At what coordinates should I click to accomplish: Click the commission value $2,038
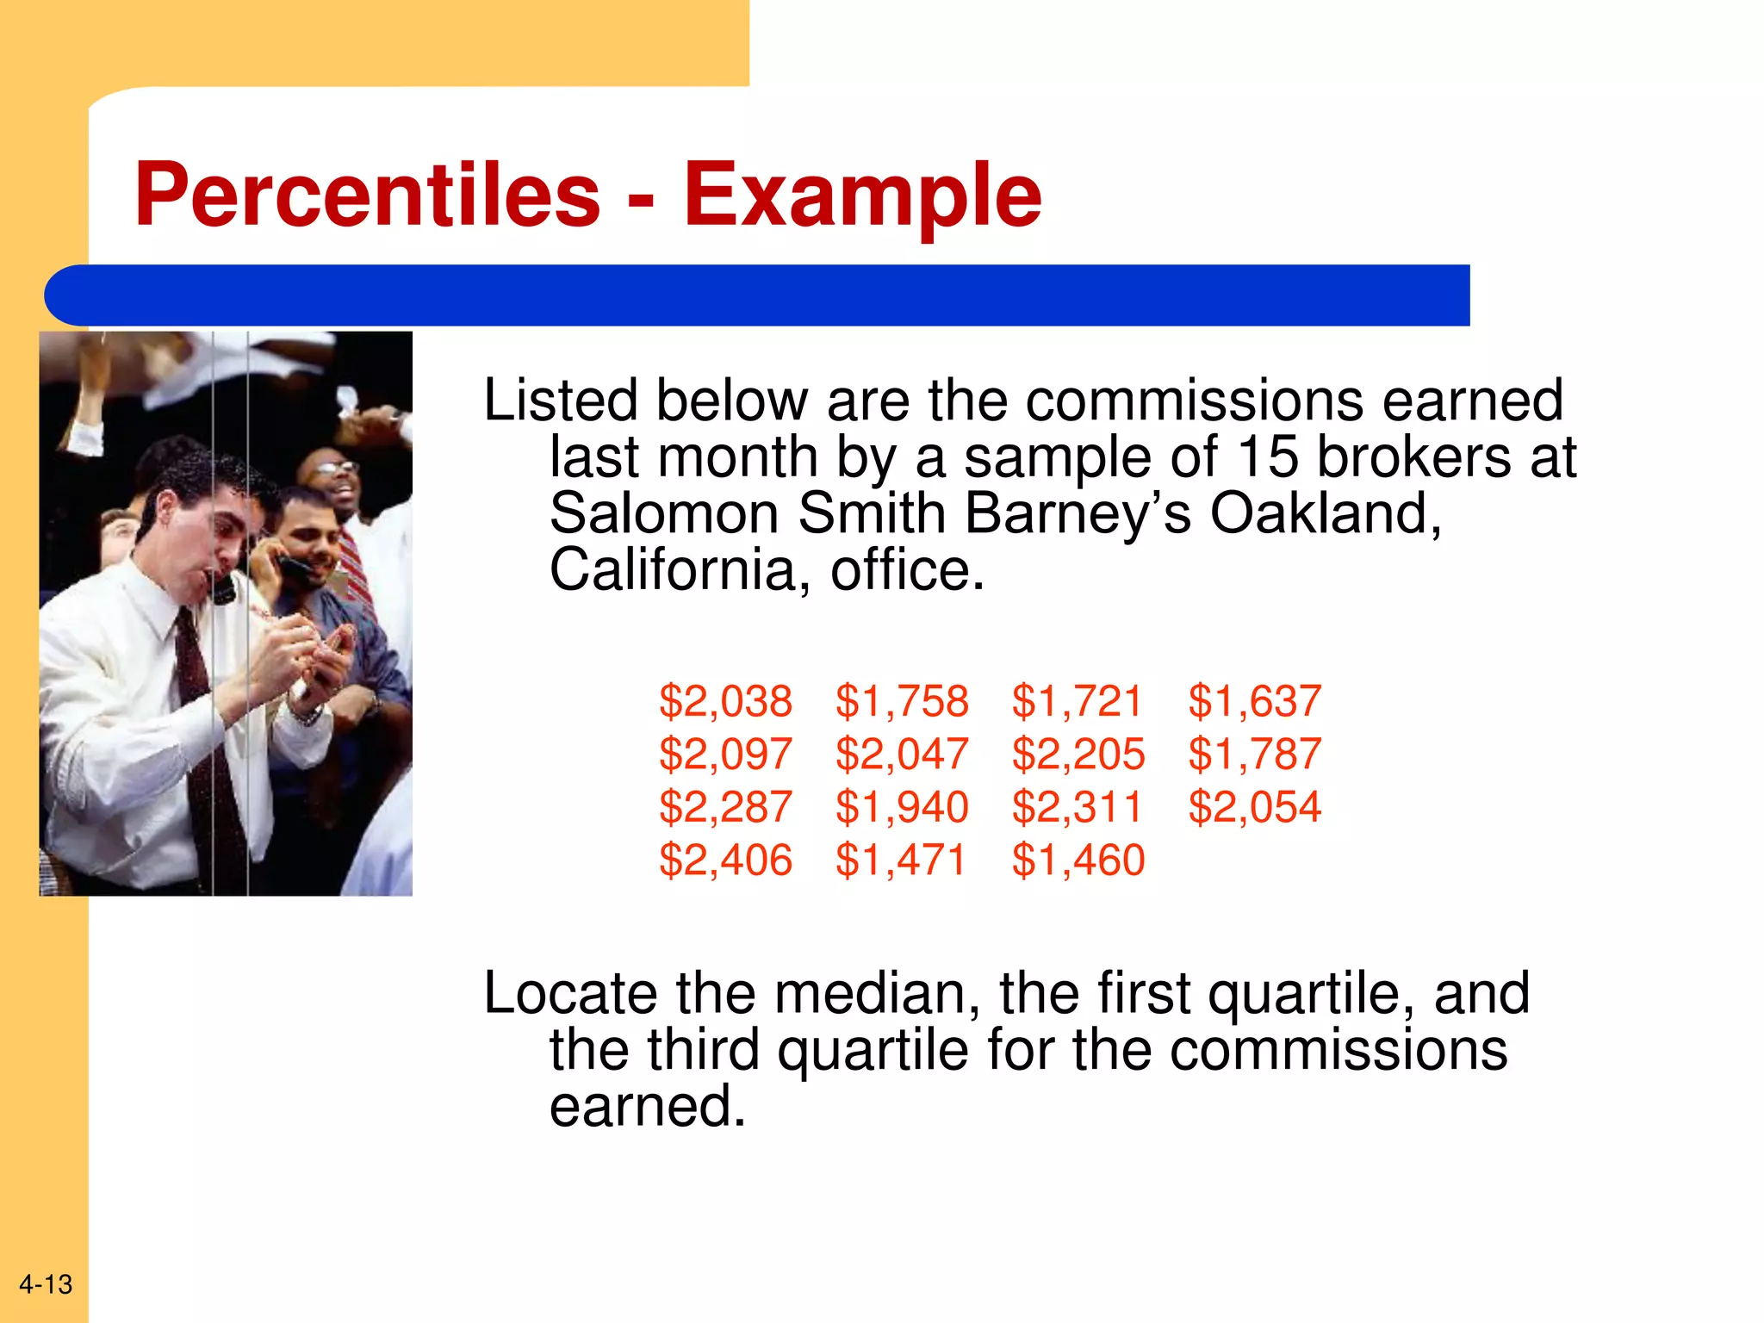tap(725, 701)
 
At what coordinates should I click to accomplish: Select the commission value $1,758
tap(902, 701)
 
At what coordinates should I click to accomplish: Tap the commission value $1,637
tap(1254, 701)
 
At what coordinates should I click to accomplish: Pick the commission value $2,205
tap(1078, 755)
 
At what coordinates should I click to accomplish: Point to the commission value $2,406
tap(725, 860)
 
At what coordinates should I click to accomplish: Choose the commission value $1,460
tap(1078, 860)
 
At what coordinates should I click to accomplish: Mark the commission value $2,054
tap(1254, 807)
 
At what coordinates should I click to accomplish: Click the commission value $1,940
tap(902, 807)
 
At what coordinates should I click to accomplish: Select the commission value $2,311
tap(1077, 807)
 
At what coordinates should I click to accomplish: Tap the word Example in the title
tap(862, 196)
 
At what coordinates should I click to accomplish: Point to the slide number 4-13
tap(46, 1284)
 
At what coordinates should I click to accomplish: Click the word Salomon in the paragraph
tap(664, 513)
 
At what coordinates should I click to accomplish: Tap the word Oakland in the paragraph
tap(1326, 513)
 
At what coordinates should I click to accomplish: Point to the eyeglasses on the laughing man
tap(336, 468)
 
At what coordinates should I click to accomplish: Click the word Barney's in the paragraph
tap(1078, 513)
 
